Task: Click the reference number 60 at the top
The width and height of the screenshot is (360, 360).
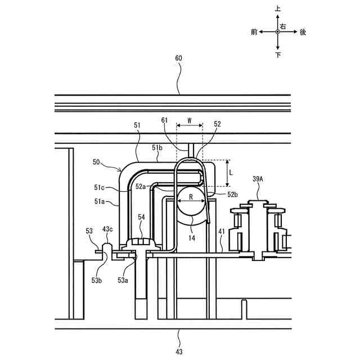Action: tap(179, 58)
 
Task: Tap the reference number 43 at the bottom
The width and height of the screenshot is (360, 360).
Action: tap(179, 352)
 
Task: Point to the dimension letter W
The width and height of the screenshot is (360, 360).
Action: tap(189, 120)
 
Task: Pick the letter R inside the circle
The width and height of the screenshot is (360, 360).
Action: tap(191, 198)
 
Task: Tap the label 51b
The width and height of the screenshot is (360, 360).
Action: tap(157, 147)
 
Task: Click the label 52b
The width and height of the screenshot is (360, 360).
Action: tap(218, 195)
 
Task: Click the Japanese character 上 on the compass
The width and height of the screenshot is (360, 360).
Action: tap(278, 10)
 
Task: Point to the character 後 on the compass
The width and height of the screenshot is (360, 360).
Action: tap(303, 32)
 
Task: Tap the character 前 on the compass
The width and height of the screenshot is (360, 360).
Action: tap(254, 32)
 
